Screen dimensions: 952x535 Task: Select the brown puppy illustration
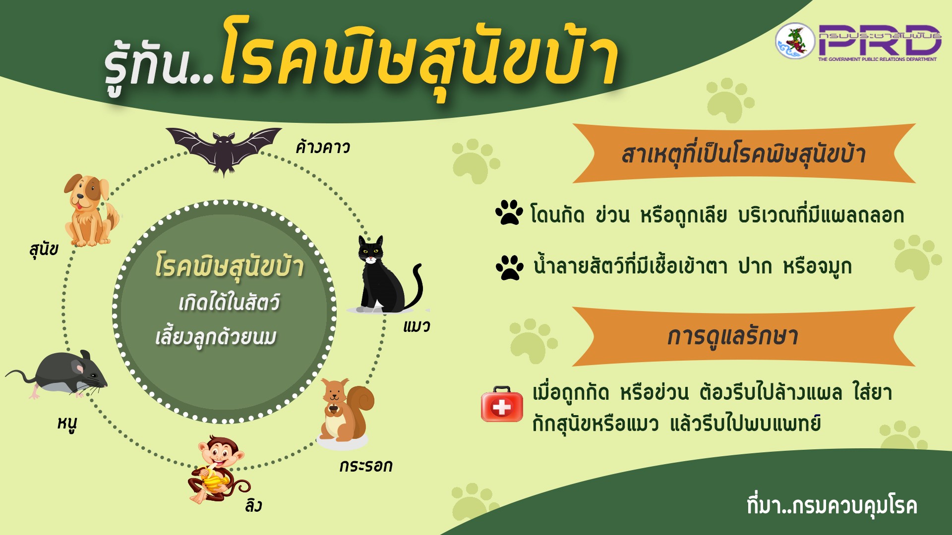click(91, 210)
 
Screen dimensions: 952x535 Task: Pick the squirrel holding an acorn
click(345, 411)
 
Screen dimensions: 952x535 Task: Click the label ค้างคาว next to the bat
click(323, 147)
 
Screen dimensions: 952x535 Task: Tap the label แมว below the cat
click(416, 326)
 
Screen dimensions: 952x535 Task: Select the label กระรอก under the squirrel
click(366, 466)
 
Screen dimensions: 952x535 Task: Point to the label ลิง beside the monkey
click(253, 505)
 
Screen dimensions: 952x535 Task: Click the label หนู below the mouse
click(67, 424)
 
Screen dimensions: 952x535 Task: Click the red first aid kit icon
click(502, 404)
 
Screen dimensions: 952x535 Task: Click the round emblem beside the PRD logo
click(795, 41)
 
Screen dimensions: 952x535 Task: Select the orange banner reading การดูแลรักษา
click(744, 336)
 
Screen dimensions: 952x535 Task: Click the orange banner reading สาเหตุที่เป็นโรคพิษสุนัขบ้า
click(744, 154)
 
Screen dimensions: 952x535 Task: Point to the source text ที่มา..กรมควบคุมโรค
click(832, 506)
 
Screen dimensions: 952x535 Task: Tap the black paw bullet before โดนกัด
click(509, 213)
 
